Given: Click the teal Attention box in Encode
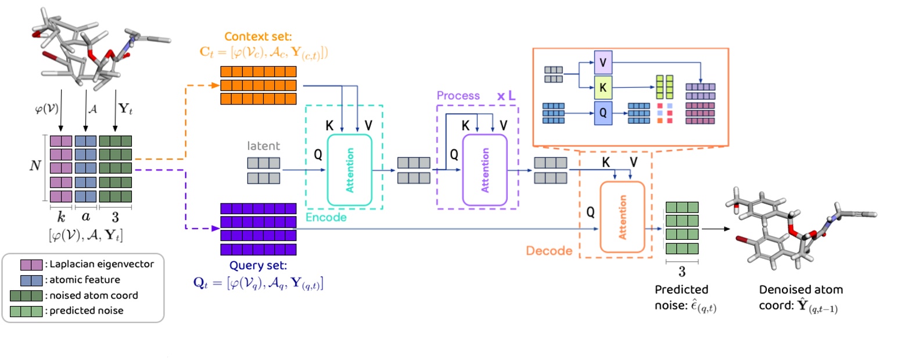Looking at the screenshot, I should coord(349,170).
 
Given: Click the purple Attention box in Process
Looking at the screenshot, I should coord(485,170).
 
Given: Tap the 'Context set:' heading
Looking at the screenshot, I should coord(258,37).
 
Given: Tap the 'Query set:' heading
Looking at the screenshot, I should coord(258,266).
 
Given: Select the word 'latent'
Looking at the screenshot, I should coord(263,146).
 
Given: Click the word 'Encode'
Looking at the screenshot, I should coord(326,217).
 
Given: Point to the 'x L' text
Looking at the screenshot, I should coord(506,96).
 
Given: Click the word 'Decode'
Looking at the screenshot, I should coord(549,251).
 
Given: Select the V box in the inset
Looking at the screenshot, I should coord(602,62).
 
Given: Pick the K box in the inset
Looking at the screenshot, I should coord(602,88).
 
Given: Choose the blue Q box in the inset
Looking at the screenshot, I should coord(602,113).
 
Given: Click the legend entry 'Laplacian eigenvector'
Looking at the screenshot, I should coord(101,264).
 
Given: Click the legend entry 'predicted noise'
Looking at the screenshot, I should coord(86,311).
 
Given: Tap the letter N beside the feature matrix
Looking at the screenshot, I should coord(35,166).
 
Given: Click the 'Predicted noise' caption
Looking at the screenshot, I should coord(681,290).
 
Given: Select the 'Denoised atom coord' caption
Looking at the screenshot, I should coord(801,290).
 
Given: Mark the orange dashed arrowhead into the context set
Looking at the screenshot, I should coord(216,85).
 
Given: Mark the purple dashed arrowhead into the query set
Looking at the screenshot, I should coord(216,229).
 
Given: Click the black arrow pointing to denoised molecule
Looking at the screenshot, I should coord(716,229).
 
